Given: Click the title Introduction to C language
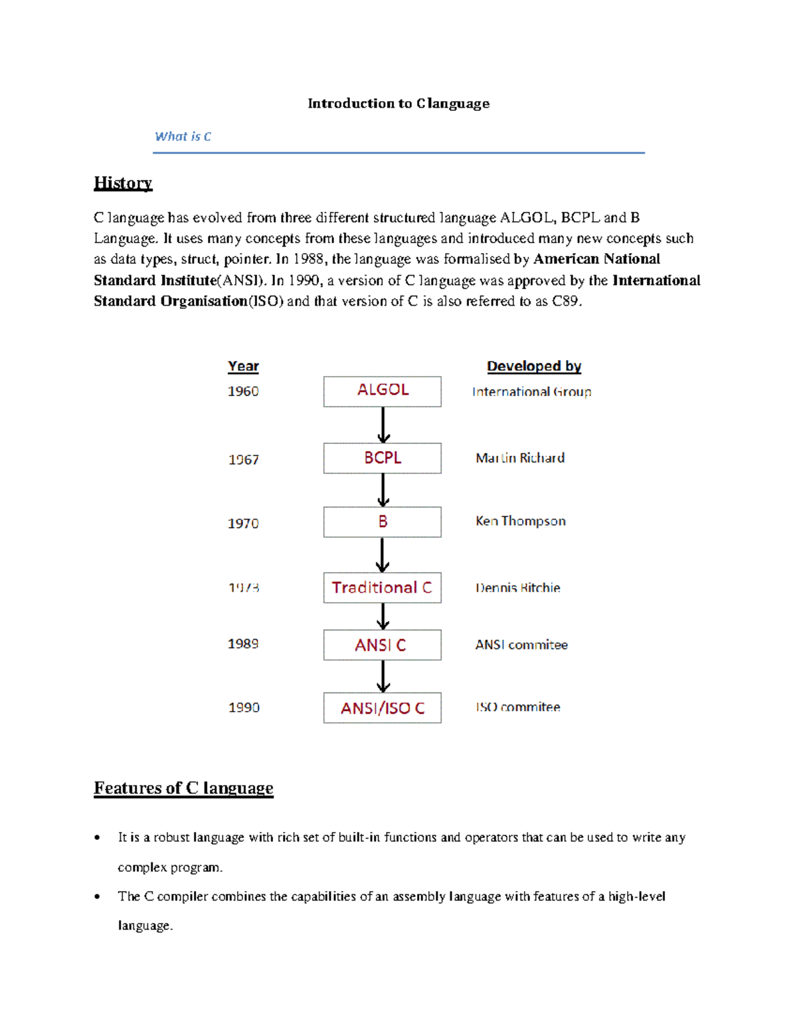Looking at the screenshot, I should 398,104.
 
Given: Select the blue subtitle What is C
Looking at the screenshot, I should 183,137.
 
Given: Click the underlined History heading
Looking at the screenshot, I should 123,183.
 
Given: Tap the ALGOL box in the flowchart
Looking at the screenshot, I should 382,391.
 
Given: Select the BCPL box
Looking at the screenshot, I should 382,458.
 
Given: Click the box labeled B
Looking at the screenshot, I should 382,522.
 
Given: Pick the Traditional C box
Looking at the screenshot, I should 382,587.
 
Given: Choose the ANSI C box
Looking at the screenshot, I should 382,645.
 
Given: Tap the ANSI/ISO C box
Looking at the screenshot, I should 382,708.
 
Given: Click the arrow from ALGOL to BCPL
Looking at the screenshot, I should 383,425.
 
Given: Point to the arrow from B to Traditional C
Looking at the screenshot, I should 383,555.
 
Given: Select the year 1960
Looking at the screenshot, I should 243,391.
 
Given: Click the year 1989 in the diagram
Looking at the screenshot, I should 243,644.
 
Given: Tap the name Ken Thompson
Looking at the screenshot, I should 521,522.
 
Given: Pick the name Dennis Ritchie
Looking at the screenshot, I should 518,588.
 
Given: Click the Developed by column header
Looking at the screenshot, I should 534,367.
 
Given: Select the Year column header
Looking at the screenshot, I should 243,367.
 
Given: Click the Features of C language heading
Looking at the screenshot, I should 183,788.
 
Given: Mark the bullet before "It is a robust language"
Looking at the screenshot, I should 98,838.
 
